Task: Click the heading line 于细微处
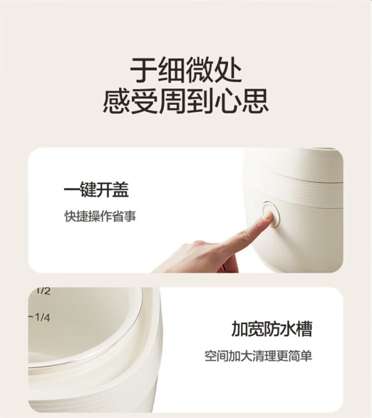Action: (186, 70)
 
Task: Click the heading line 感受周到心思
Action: (186, 101)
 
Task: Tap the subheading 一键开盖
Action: (96, 189)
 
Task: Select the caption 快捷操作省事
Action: (100, 216)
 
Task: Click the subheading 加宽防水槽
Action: (272, 329)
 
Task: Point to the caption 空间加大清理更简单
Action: (258, 356)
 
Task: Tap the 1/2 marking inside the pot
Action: (43, 291)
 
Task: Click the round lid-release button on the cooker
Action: (271, 215)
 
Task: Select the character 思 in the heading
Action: (255, 101)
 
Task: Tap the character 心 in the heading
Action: (228, 101)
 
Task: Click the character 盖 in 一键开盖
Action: (120, 189)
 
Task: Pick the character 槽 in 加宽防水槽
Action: (304, 329)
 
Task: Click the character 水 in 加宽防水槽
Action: (288, 329)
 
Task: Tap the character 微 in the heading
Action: (200, 70)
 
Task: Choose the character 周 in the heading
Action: (172, 101)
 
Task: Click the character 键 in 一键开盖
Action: (88, 189)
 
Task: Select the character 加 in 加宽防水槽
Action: (239, 329)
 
